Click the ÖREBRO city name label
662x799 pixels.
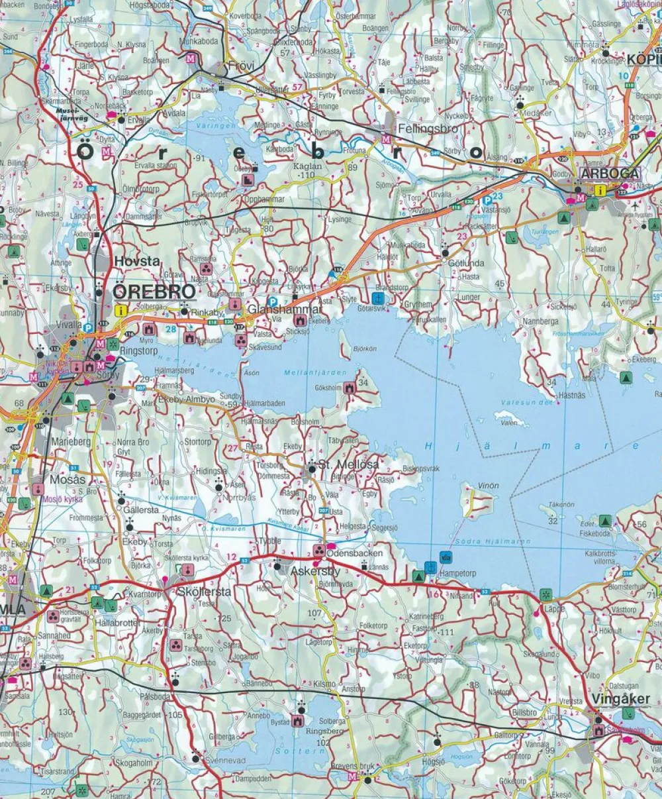(x=154, y=292)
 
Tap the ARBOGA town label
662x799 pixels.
(x=610, y=174)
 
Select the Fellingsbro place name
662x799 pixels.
(x=427, y=129)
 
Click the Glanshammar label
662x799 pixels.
(x=285, y=309)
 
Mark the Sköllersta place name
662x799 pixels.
(x=204, y=592)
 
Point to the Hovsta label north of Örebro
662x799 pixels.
(x=137, y=261)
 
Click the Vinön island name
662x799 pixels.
(x=488, y=486)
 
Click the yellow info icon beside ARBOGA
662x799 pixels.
(x=599, y=189)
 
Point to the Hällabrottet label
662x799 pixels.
(x=117, y=623)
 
